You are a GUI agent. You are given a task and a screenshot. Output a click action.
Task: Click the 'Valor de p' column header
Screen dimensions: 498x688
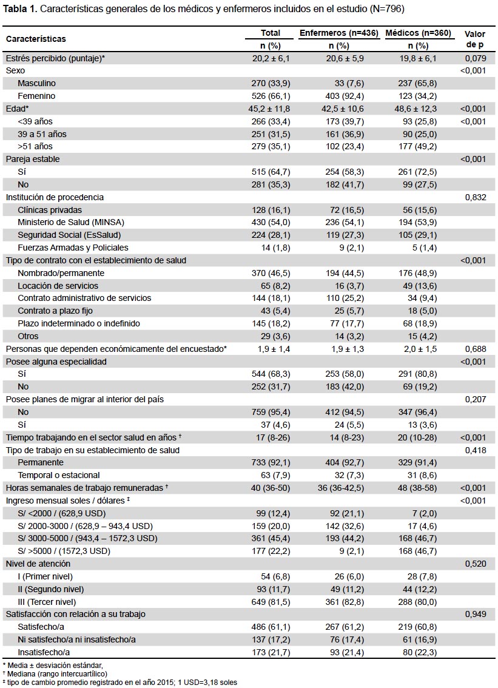pyautogui.click(x=475, y=39)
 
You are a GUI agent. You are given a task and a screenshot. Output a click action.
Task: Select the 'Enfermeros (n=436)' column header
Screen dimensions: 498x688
pyautogui.click(x=338, y=33)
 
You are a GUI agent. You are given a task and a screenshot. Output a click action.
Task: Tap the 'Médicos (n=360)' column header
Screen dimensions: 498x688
pyautogui.click(x=418, y=33)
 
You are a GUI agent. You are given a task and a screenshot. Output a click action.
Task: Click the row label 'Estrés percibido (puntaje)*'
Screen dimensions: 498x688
pyautogui.click(x=55, y=58)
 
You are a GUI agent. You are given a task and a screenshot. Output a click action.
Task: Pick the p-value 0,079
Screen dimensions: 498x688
pyautogui.click(x=476, y=58)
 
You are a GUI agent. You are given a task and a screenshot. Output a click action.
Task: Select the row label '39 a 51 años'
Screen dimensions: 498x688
pyautogui.click(x=42, y=134)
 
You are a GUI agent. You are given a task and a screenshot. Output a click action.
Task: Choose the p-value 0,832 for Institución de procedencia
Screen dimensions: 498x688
pyautogui.click(x=476, y=197)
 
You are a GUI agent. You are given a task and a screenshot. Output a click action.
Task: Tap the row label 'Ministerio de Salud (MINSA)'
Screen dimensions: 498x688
pyautogui.click(x=71, y=223)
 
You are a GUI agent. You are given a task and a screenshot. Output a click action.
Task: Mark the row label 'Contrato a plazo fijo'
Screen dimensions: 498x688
pyautogui.click(x=55, y=311)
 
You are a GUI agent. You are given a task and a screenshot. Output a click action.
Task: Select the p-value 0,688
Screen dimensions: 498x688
pyautogui.click(x=476, y=349)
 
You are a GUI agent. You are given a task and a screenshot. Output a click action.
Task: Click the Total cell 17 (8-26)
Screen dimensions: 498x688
pyautogui.click(x=273, y=437)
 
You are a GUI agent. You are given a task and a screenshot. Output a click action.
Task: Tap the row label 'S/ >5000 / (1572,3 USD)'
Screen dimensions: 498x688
pyautogui.click(x=64, y=551)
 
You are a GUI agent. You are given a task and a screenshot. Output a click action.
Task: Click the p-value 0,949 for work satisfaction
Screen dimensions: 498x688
pyautogui.click(x=476, y=614)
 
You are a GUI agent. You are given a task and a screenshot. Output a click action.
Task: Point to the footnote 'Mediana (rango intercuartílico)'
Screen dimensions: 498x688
pyautogui.click(x=56, y=674)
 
